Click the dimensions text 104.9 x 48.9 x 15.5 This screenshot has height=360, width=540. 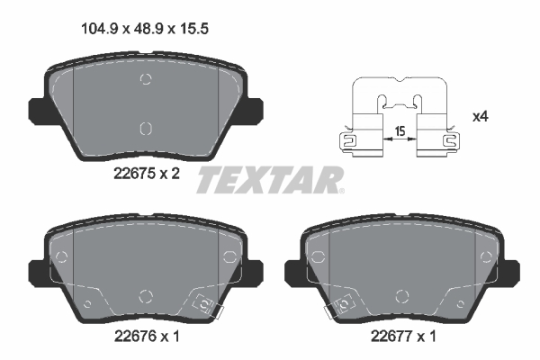pos(145,29)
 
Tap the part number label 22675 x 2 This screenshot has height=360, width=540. pos(147,174)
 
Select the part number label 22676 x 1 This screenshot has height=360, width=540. pos(147,336)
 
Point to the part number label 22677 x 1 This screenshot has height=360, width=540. pos(403,336)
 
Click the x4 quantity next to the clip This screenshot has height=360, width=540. pos(481,117)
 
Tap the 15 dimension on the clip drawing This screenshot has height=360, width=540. pos(400,131)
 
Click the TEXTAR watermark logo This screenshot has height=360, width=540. pos(270,180)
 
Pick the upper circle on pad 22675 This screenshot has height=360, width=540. pos(146,79)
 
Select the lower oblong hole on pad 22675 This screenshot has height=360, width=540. pos(146,129)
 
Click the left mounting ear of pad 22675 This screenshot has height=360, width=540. pos(37,110)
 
